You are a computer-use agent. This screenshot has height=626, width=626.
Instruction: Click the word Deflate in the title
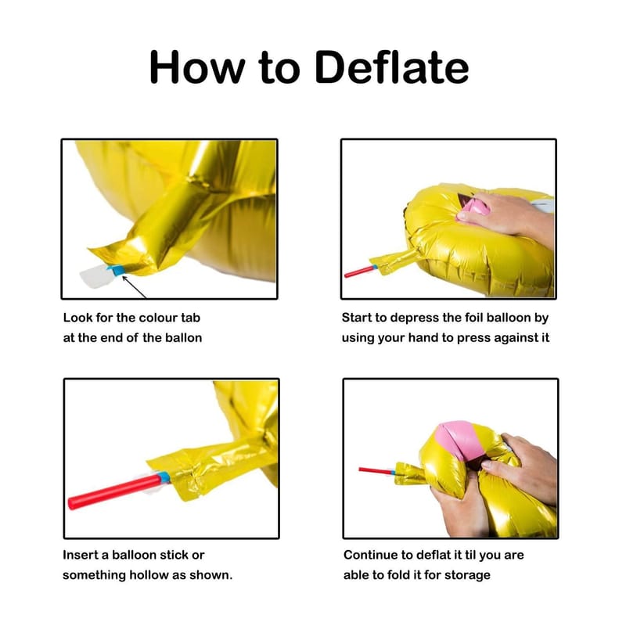391,67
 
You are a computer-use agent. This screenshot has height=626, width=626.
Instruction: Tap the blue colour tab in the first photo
117,270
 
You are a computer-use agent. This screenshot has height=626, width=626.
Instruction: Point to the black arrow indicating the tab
134,286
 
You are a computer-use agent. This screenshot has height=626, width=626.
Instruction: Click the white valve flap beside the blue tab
95,275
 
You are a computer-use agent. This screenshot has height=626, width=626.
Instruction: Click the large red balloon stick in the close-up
115,491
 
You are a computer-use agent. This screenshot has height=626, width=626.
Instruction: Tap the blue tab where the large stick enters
164,477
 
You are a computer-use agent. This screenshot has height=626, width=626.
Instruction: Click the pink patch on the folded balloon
459,440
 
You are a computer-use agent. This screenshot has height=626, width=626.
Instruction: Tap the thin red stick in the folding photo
376,471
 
